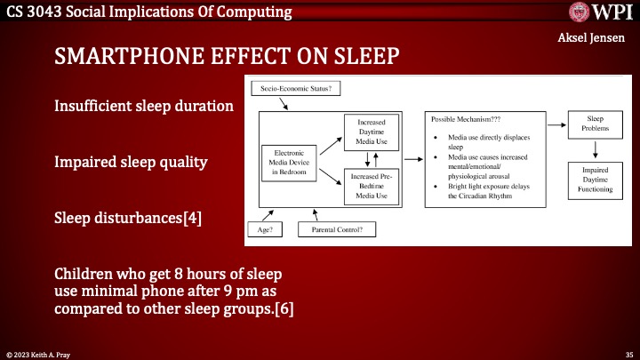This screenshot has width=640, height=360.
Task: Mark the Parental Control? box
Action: (343, 230)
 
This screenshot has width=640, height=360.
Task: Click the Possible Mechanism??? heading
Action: (465, 118)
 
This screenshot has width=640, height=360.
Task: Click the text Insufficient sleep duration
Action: (144, 106)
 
